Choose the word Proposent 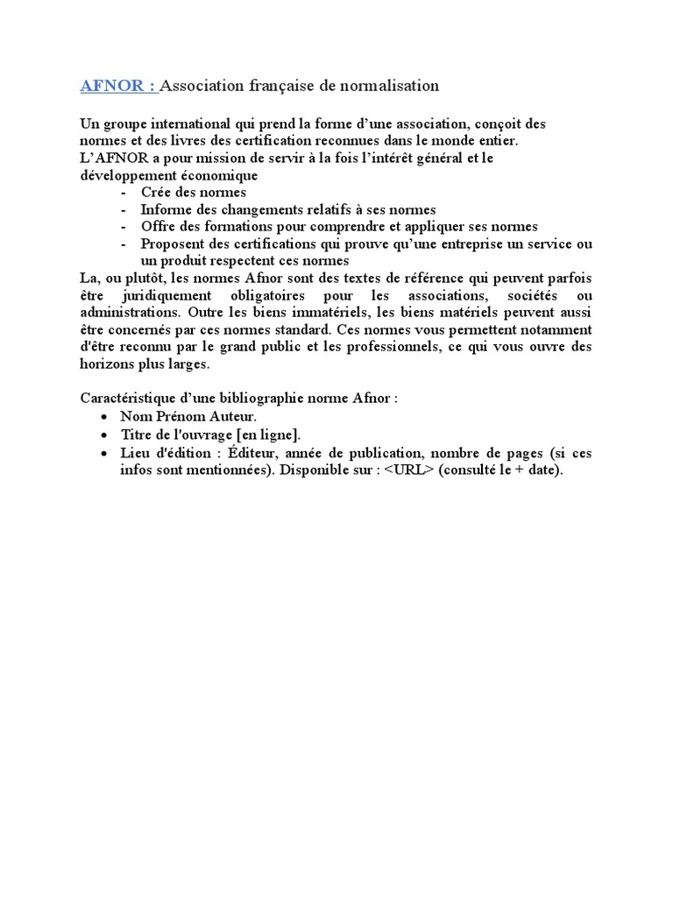click(x=173, y=243)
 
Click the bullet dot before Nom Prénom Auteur click(x=105, y=416)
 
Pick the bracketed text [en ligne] click(x=269, y=434)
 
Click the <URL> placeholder click(x=408, y=470)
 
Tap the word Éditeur click(x=251, y=453)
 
